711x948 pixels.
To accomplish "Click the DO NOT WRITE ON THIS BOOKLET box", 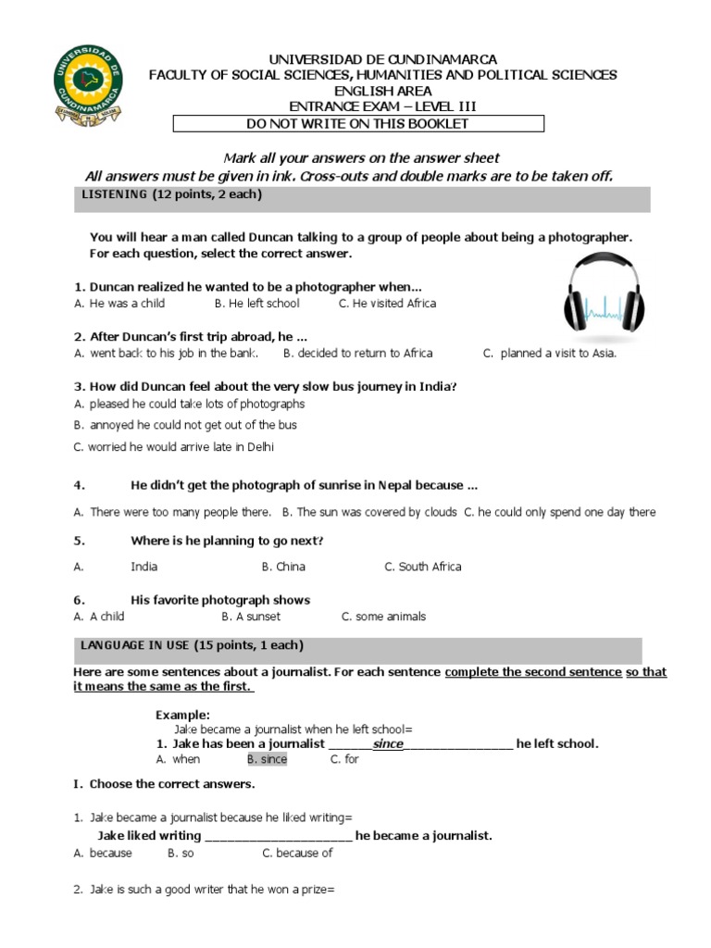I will (x=358, y=124).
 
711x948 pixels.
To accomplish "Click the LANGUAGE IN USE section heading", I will (x=188, y=645).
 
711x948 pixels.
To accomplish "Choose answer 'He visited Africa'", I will (x=387, y=304).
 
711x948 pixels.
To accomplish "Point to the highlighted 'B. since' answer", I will (x=267, y=759).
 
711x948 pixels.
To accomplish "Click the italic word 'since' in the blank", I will (x=387, y=743).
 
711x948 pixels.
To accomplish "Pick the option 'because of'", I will (x=297, y=854).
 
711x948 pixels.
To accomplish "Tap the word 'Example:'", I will (x=182, y=715).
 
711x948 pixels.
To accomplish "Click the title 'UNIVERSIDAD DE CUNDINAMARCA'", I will (x=382, y=59).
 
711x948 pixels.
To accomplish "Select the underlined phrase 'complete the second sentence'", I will (x=533, y=672).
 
